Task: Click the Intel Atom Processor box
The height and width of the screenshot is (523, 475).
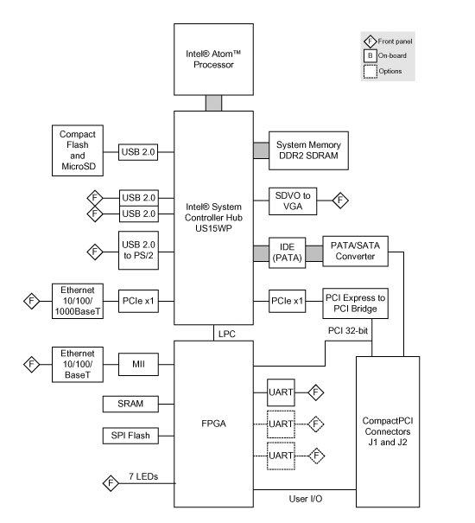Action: [213, 60]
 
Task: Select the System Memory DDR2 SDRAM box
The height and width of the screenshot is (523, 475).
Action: [308, 150]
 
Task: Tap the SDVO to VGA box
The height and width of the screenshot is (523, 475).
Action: [293, 201]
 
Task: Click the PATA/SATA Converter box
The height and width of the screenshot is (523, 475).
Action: [355, 252]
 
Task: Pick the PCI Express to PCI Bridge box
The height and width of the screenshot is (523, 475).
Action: [355, 303]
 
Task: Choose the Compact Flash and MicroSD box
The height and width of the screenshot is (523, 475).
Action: [78, 150]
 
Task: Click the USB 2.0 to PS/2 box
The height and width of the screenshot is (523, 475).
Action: [138, 250]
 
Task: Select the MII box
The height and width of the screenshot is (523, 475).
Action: [138, 364]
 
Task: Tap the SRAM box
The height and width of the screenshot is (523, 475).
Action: [130, 404]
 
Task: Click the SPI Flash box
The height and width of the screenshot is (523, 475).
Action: [130, 436]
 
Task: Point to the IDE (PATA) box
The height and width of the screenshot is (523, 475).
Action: [287, 252]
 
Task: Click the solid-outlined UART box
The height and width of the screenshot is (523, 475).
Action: [281, 392]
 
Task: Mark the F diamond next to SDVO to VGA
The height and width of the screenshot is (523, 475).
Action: [340, 201]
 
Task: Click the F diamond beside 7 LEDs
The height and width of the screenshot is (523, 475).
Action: [111, 483]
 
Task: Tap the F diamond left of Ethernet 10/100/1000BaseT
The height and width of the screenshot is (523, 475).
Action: [32, 301]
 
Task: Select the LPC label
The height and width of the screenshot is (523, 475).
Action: [226, 334]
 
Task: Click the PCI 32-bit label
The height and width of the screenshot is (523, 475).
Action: [348, 330]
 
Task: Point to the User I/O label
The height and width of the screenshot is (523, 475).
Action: [306, 499]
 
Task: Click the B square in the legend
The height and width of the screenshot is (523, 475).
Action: [370, 55]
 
